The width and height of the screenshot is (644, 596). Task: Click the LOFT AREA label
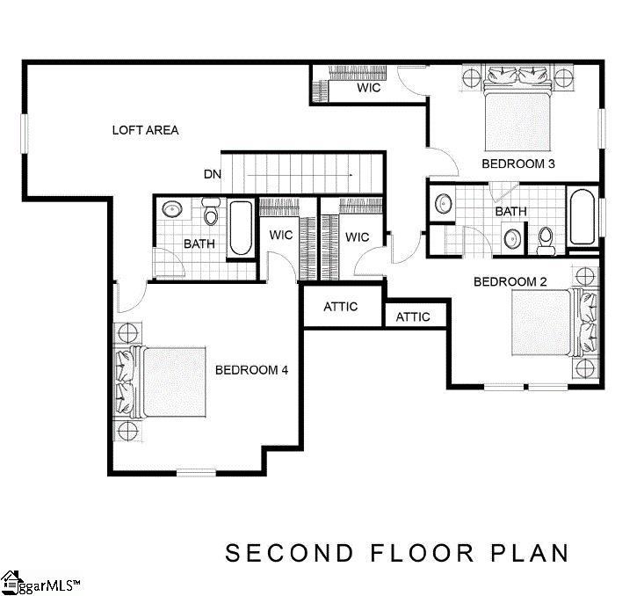coord(145,130)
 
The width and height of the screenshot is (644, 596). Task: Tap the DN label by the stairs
coord(213,174)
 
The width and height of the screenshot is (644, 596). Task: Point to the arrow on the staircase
coord(300,175)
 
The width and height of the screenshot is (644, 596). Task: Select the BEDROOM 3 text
coord(517,164)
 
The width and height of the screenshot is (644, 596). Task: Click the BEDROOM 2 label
coord(510,282)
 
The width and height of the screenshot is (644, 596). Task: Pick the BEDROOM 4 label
coord(251,370)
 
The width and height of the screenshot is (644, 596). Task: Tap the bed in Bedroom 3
coord(517,109)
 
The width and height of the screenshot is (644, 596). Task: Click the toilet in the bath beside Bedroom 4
coord(211,211)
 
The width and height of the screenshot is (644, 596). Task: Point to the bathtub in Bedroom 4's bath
coord(241,229)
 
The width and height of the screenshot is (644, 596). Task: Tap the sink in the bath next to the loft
coord(172,209)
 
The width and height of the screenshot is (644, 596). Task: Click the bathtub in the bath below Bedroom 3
coord(582,216)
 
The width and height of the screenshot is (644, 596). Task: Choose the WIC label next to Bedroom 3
coord(369,88)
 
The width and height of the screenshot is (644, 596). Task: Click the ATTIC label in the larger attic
coord(341,307)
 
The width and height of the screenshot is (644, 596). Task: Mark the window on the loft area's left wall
coord(25,134)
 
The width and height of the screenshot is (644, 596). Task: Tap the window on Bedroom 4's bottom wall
coord(196,473)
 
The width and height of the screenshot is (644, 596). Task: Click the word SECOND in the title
coord(289,553)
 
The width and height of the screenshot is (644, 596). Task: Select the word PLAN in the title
coord(531,553)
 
